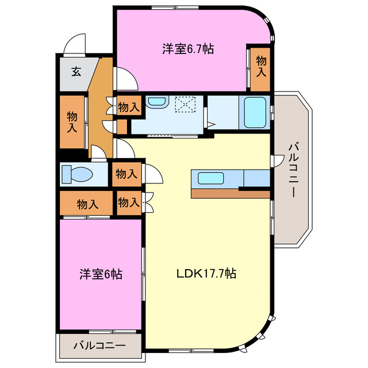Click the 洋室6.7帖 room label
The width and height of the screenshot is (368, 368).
[187, 49]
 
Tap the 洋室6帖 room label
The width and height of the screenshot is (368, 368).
[100, 274]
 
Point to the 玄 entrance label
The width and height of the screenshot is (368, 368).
[76, 72]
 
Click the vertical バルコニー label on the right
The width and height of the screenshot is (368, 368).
[292, 170]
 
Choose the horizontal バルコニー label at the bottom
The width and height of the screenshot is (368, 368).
[99, 346]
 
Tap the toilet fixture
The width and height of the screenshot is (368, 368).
[75, 174]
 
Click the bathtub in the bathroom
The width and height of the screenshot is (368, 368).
[255, 112]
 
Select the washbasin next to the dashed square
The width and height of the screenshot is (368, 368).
[156, 102]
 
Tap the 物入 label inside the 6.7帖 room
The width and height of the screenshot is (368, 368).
[261, 66]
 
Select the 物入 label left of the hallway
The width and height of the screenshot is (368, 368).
[71, 121]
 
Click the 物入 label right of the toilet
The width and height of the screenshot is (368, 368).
[125, 174]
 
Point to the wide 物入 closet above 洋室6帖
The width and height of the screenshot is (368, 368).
[87, 204]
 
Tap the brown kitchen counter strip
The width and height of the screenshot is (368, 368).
[230, 193]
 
